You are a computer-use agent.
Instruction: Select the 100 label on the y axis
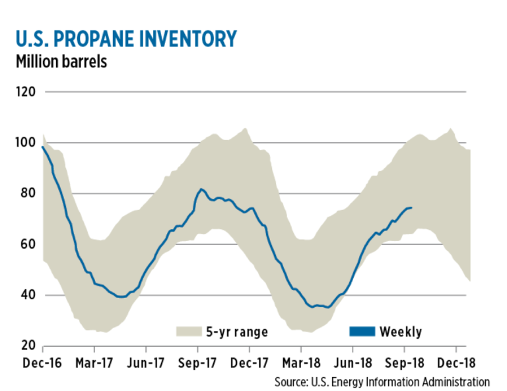(x=24, y=143)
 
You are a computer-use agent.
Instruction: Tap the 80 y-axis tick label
(x=27, y=194)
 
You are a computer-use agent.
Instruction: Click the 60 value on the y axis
(x=27, y=244)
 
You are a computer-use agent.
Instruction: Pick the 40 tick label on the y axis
(x=27, y=295)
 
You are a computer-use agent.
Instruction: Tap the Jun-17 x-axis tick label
(x=146, y=363)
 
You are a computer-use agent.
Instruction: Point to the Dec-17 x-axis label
(x=250, y=363)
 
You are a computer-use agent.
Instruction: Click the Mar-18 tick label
(x=301, y=363)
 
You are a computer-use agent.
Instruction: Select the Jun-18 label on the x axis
(x=353, y=363)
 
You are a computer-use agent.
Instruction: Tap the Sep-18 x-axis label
(x=404, y=363)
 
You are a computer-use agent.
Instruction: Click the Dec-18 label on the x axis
(x=456, y=363)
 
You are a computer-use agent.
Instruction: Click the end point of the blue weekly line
(x=412, y=208)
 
